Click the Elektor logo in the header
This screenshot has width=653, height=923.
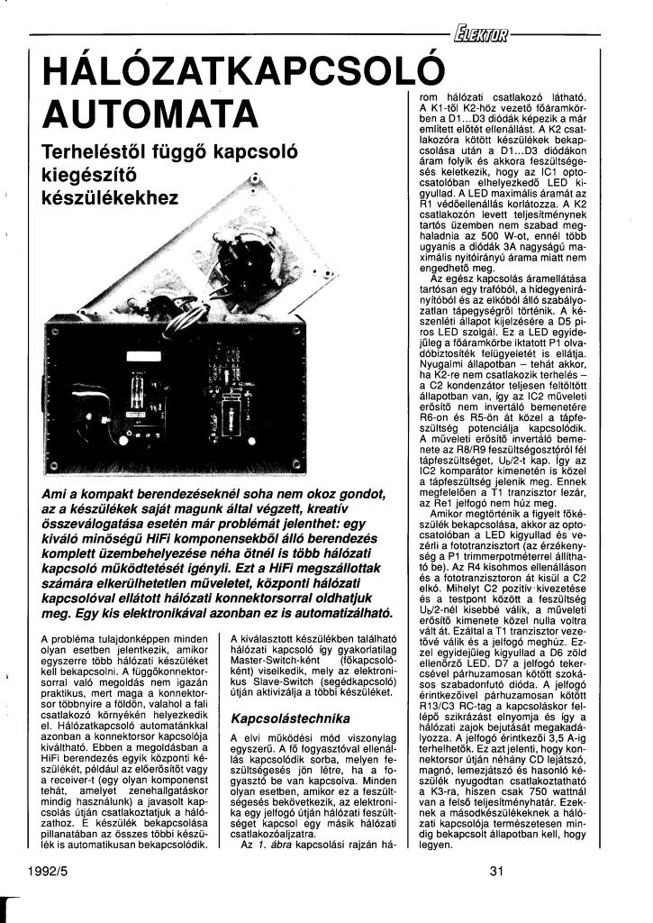pos(483,36)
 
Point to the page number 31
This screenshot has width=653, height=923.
pos(499,871)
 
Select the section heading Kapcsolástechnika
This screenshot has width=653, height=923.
pos(290,718)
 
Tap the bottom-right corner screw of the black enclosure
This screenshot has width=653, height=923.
pos(297,463)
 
